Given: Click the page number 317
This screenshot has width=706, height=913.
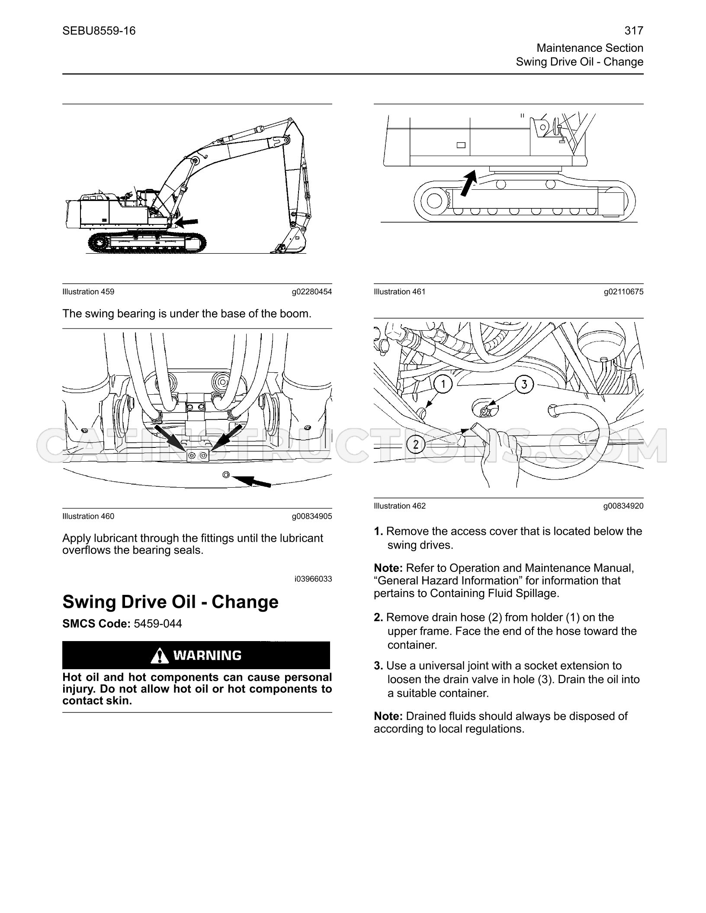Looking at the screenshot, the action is pyautogui.click(x=634, y=31).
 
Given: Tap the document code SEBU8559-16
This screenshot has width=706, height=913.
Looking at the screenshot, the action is pyautogui.click(x=99, y=31).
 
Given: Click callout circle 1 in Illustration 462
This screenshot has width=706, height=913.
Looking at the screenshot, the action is pyautogui.click(x=442, y=384).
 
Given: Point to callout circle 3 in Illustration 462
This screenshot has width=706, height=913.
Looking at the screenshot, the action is pyautogui.click(x=524, y=384).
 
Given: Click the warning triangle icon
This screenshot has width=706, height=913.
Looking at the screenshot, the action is pyautogui.click(x=159, y=655).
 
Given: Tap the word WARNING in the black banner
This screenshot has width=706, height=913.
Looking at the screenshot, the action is pyautogui.click(x=207, y=655).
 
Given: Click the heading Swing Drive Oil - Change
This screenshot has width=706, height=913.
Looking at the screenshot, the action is pyautogui.click(x=170, y=601).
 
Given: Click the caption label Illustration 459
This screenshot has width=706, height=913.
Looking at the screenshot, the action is pyautogui.click(x=88, y=291).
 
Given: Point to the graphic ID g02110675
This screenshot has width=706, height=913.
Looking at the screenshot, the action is pyautogui.click(x=624, y=291).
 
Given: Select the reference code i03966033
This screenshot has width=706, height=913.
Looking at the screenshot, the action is pyautogui.click(x=313, y=578).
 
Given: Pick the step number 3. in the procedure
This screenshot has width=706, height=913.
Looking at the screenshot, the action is pyautogui.click(x=379, y=666).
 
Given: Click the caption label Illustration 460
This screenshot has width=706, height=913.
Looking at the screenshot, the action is pyautogui.click(x=88, y=516).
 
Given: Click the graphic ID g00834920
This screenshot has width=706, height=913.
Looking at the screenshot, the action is pyautogui.click(x=624, y=505).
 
